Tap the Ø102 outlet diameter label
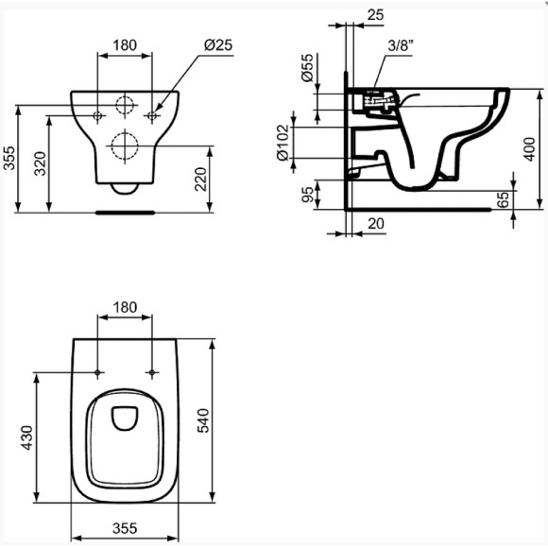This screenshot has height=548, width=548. click(281, 143)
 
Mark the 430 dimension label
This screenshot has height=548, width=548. click(27, 437)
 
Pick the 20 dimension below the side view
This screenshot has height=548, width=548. click(374, 224)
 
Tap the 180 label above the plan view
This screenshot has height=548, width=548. click(125, 307)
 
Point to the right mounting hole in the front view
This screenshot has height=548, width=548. click(151, 115)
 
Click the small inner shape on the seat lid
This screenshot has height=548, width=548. click(125, 416)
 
